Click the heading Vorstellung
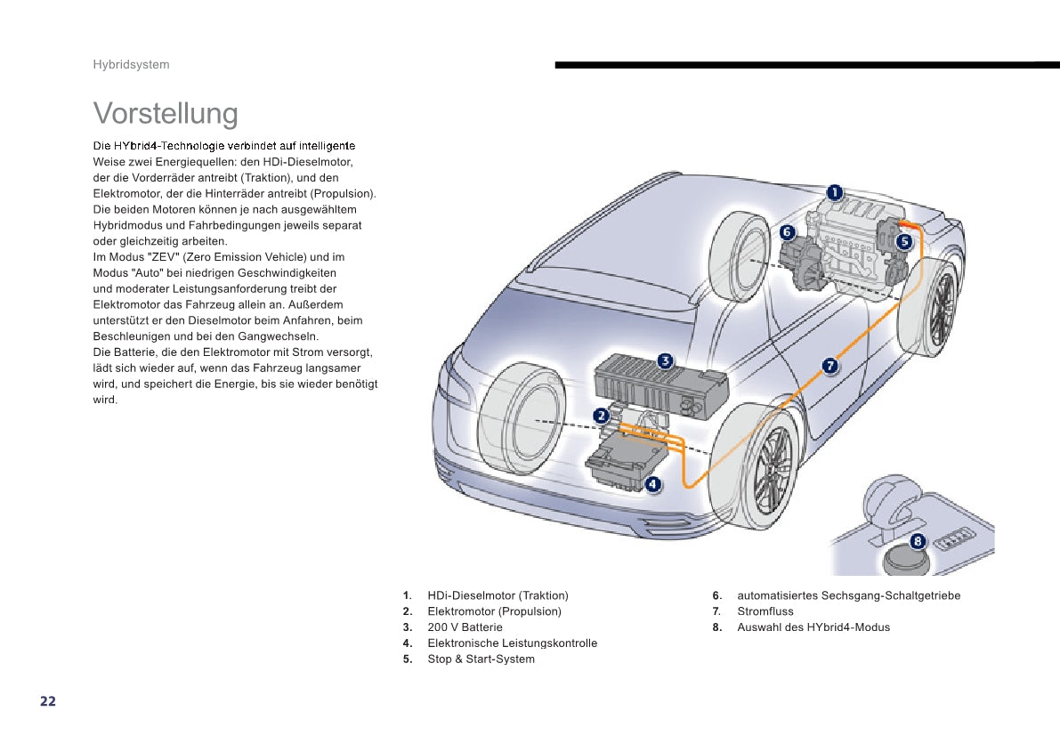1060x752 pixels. [x=166, y=114]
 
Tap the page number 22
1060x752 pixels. [x=48, y=701]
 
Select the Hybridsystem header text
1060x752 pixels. [x=131, y=65]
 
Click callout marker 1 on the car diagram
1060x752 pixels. [x=834, y=192]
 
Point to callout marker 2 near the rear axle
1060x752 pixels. [x=602, y=416]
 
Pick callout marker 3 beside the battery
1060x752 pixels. [x=665, y=360]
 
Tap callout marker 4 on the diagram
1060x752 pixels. [x=652, y=484]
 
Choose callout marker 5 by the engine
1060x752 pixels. [x=904, y=240]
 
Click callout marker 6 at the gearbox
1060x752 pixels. [x=787, y=232]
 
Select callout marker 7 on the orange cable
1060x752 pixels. [x=829, y=365]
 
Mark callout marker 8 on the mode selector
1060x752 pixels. [x=918, y=541]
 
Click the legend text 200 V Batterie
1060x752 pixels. [x=465, y=627]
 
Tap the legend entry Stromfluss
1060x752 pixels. [x=765, y=611]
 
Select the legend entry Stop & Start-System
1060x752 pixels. [x=481, y=659]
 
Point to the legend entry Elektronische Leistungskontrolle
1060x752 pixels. [x=512, y=643]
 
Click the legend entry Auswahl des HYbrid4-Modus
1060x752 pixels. [x=813, y=627]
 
